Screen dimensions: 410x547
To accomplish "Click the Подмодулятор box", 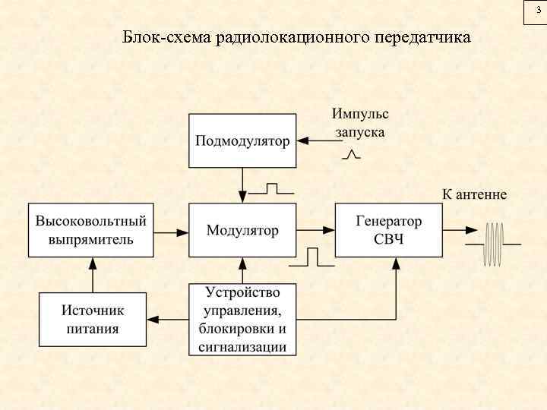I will pos(242,140).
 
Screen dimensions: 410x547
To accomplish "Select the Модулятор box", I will pos(242,229).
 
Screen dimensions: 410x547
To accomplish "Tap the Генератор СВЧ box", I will pos(388,229).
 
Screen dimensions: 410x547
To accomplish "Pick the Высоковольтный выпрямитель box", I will pos(90,229).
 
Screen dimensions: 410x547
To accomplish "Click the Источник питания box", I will pos(92,319).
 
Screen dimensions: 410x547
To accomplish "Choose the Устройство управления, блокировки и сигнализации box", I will pos(242,319).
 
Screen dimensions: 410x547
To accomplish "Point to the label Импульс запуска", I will pos(359,122).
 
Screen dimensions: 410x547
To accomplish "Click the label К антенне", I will pos(474,194).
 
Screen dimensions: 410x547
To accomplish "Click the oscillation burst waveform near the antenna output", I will pos(495,244).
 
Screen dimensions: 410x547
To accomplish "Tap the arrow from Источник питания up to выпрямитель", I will pos(92,275).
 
